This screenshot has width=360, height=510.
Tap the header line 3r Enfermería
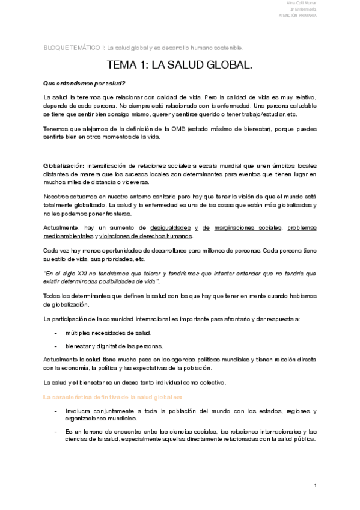tap(305, 10)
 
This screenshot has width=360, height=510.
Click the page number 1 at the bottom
tap(314, 484)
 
